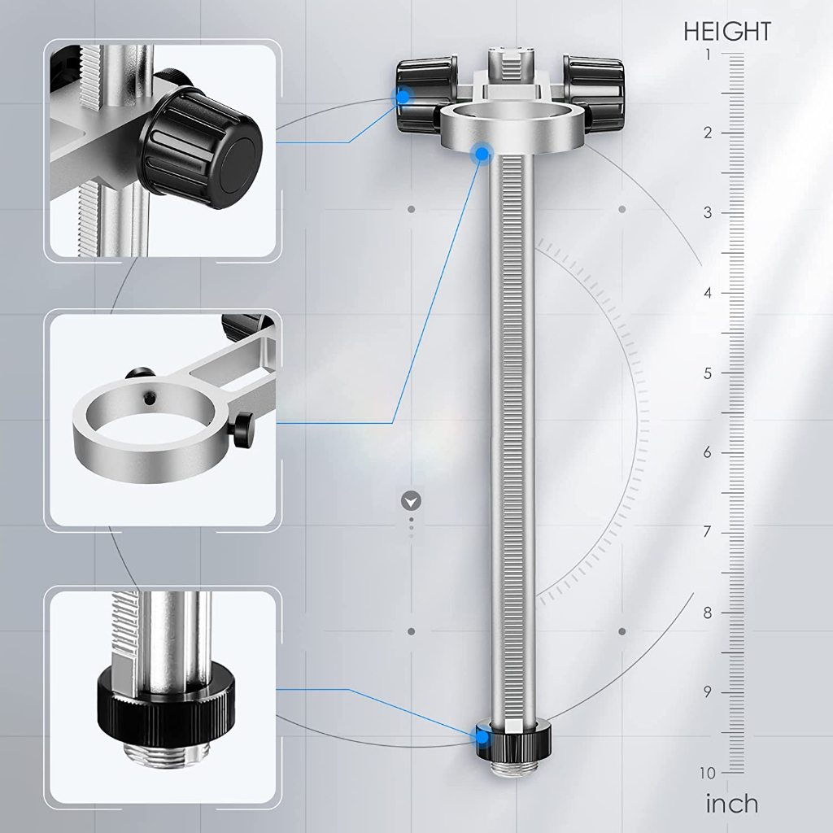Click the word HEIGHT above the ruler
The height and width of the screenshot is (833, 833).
(x=726, y=32)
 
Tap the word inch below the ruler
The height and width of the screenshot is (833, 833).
(x=731, y=803)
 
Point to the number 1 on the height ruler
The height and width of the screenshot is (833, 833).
(x=709, y=55)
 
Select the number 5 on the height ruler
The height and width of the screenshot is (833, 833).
(x=708, y=373)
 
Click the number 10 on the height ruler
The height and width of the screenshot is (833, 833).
(x=708, y=773)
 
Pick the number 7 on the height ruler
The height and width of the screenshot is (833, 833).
(x=707, y=532)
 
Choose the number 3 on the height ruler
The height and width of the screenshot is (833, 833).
(x=708, y=212)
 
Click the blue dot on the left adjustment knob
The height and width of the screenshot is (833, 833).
(x=403, y=97)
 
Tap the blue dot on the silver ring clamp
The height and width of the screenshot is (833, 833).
(x=482, y=154)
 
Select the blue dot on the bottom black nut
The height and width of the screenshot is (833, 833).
(x=482, y=737)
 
